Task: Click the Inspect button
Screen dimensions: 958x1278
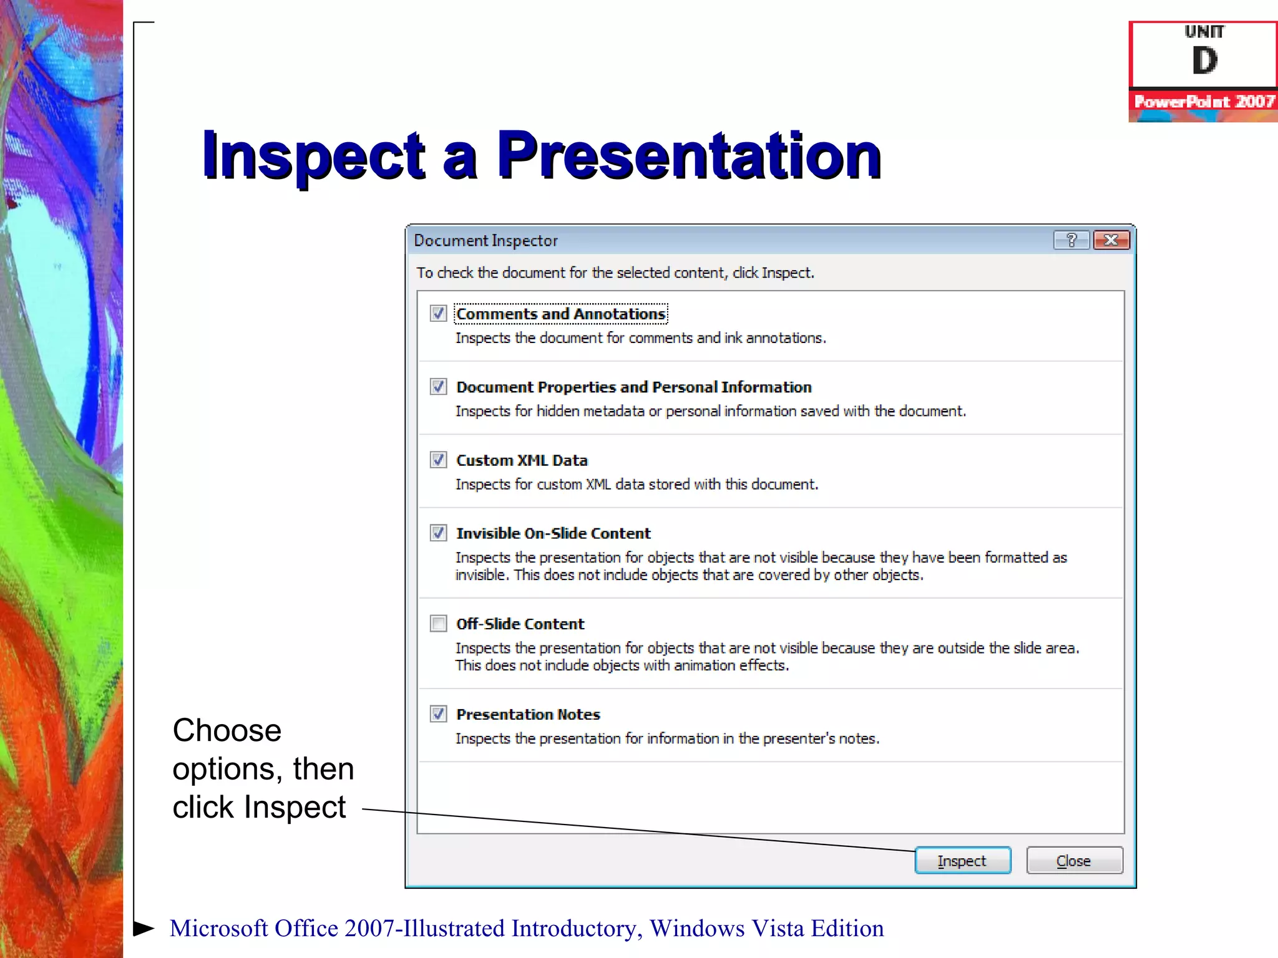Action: click(962, 861)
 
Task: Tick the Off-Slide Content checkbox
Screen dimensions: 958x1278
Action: click(439, 624)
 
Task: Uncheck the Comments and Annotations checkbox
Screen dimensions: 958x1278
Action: click(439, 313)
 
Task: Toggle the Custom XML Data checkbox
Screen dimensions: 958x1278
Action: click(439, 460)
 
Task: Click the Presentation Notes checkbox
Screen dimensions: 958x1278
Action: click(439, 714)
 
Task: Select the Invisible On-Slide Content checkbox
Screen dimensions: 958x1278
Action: click(439, 533)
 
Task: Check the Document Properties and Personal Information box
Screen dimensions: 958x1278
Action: click(439, 387)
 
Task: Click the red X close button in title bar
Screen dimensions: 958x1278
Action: click(1111, 240)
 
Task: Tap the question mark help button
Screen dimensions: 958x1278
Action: click(1071, 240)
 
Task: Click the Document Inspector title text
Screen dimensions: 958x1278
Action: click(485, 241)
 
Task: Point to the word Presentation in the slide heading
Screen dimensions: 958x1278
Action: click(688, 156)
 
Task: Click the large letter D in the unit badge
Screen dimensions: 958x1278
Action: click(1204, 61)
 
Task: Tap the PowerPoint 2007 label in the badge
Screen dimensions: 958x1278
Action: click(1204, 102)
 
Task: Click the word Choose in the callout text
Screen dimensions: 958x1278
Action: click(227, 730)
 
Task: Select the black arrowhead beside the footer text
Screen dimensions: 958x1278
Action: click(144, 928)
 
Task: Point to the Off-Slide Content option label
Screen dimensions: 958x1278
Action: click(520, 624)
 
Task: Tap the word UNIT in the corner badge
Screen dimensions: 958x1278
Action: click(1204, 32)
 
